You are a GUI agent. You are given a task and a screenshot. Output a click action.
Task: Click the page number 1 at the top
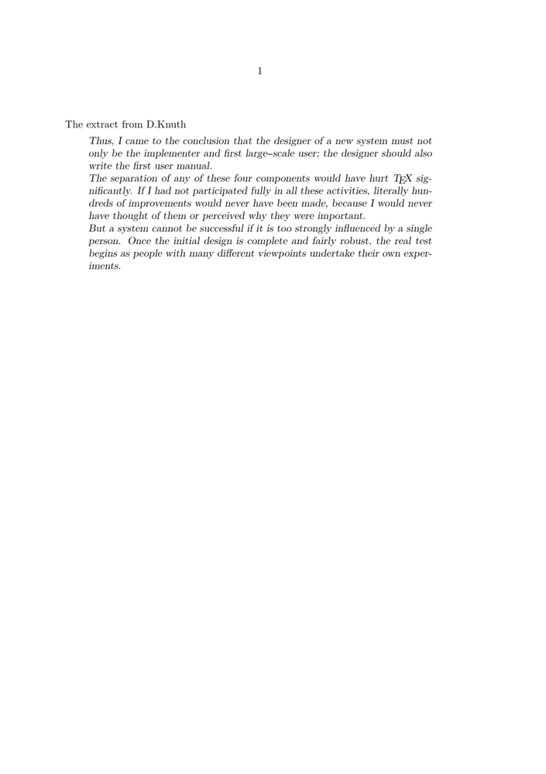260,71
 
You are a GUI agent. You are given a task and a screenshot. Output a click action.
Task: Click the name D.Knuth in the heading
166,124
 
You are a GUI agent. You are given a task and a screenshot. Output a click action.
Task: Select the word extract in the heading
103,124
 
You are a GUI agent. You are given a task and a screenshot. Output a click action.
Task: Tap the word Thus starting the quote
101,141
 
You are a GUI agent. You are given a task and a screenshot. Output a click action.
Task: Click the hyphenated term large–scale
266,153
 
